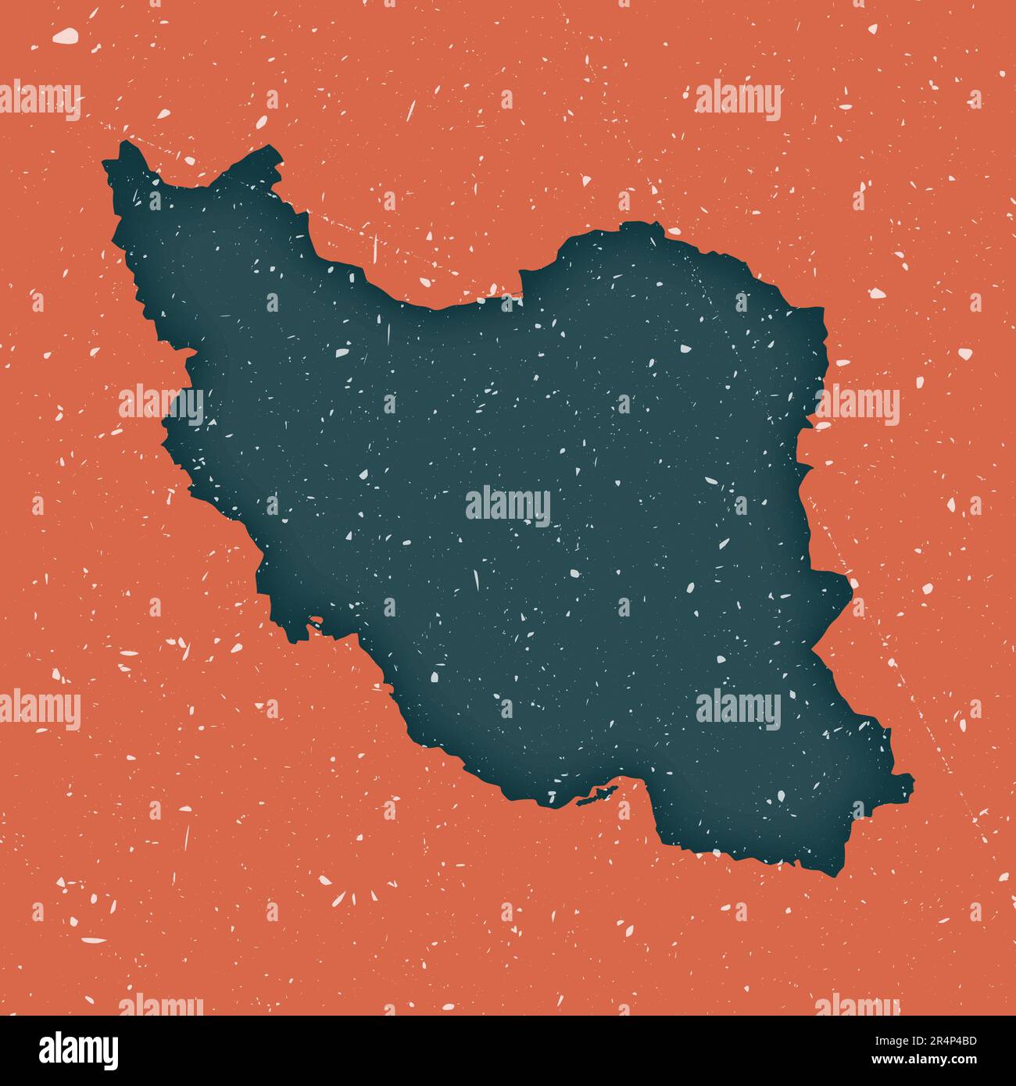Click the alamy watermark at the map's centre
pyautogui.click(x=508, y=505)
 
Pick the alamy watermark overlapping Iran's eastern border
pyautogui.click(x=857, y=405)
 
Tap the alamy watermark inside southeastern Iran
pyautogui.click(x=738, y=709)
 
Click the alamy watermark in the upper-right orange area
pyautogui.click(x=738, y=101)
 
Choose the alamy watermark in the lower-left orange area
pyautogui.click(x=39, y=709)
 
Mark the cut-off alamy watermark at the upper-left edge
pyautogui.click(x=39, y=101)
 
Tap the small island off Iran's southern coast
pyautogui.click(x=594, y=798)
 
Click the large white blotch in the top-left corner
pyautogui.click(x=65, y=35)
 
